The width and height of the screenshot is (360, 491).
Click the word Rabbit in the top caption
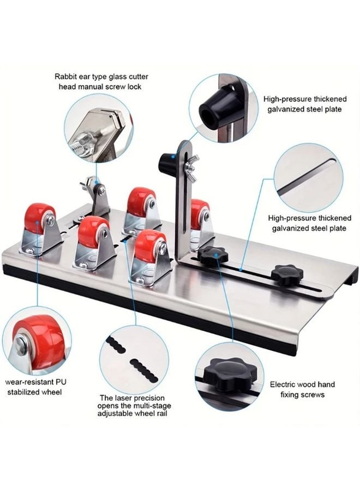[67, 77]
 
